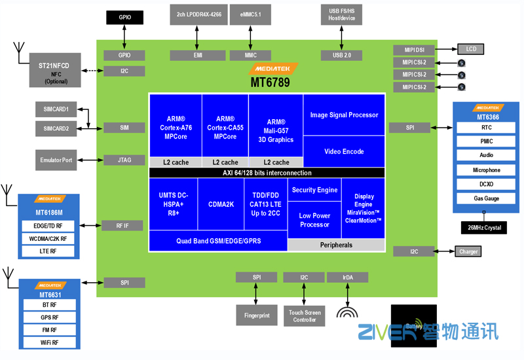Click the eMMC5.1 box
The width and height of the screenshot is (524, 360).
pos(250,14)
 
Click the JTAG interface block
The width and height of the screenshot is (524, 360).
pos(124,160)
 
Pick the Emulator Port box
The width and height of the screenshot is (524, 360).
pos(56,160)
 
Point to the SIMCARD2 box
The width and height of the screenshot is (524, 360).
pos(56,128)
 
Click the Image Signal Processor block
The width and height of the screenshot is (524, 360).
pos(344,115)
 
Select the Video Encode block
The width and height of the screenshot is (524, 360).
pos(344,152)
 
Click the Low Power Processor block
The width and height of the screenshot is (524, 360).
pos(314,221)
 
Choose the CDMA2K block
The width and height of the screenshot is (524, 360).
pos(221,204)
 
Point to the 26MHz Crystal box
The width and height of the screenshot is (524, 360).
pos(483,227)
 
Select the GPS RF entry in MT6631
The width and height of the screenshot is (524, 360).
pos(49,318)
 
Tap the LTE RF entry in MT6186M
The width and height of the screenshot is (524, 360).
pos(49,251)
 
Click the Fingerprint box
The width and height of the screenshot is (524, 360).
pos(257,315)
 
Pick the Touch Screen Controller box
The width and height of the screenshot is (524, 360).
pos(305,315)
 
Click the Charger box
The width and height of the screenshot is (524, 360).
pos(468,251)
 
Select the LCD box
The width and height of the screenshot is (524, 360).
pos(471,49)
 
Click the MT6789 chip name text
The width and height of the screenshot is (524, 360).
pos(270,83)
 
